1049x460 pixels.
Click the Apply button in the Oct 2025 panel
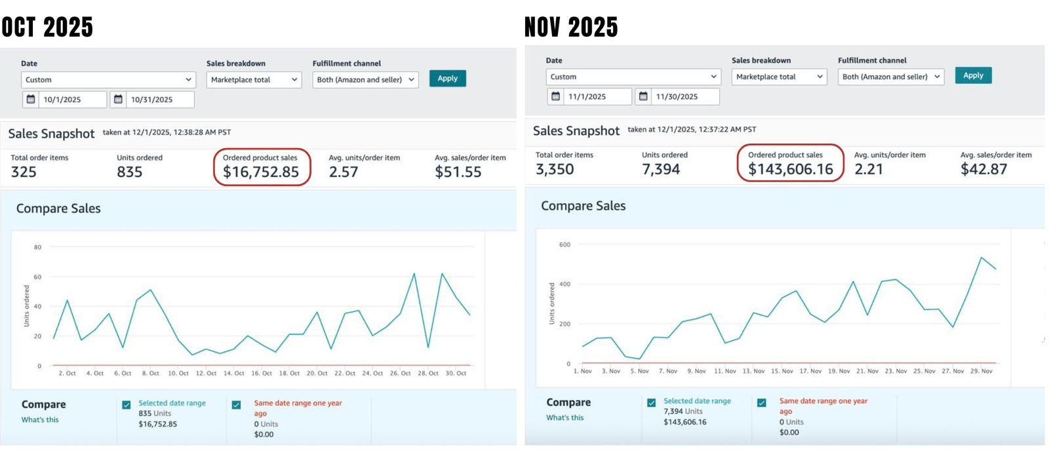click(x=447, y=79)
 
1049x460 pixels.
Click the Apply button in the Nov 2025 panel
click(x=973, y=75)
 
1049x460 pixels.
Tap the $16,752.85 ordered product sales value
click(x=261, y=172)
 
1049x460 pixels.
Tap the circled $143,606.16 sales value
click(x=790, y=169)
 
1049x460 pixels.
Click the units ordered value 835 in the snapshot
click(x=129, y=172)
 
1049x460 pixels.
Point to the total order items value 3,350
click(x=555, y=169)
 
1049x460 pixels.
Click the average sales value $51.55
click(x=458, y=172)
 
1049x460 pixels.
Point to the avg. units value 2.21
click(x=869, y=169)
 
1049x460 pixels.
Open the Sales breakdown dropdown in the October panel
click(x=254, y=80)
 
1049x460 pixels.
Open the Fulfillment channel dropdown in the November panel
click(x=891, y=77)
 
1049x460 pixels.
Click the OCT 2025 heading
click(x=47, y=28)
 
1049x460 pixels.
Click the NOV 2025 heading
click(x=571, y=28)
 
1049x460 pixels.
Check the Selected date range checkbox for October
click(x=127, y=405)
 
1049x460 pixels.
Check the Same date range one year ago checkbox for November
click(x=762, y=402)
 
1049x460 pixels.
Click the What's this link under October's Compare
click(x=40, y=419)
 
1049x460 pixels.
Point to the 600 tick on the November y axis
click(x=564, y=244)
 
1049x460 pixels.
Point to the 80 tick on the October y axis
click(x=37, y=247)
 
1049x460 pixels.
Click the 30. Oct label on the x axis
click(x=456, y=373)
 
